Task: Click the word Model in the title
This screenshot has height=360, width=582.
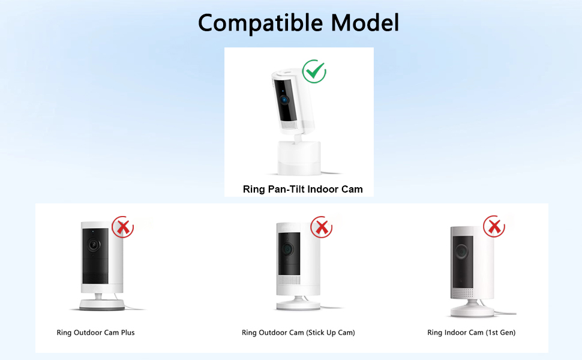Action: point(365,23)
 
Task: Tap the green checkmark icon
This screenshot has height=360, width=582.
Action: point(314,71)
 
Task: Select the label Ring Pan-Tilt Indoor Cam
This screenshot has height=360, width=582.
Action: point(302,189)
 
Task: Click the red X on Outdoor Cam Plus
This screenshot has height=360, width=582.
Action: point(123,227)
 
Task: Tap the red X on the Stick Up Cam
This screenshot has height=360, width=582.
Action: point(322,227)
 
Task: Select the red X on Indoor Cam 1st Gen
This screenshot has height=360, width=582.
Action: point(494,227)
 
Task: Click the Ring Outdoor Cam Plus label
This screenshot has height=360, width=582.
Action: point(95,332)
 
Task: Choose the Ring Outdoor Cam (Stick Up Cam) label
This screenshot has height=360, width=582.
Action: point(298,332)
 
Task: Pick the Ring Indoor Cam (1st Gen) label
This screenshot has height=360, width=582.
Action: point(471,332)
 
